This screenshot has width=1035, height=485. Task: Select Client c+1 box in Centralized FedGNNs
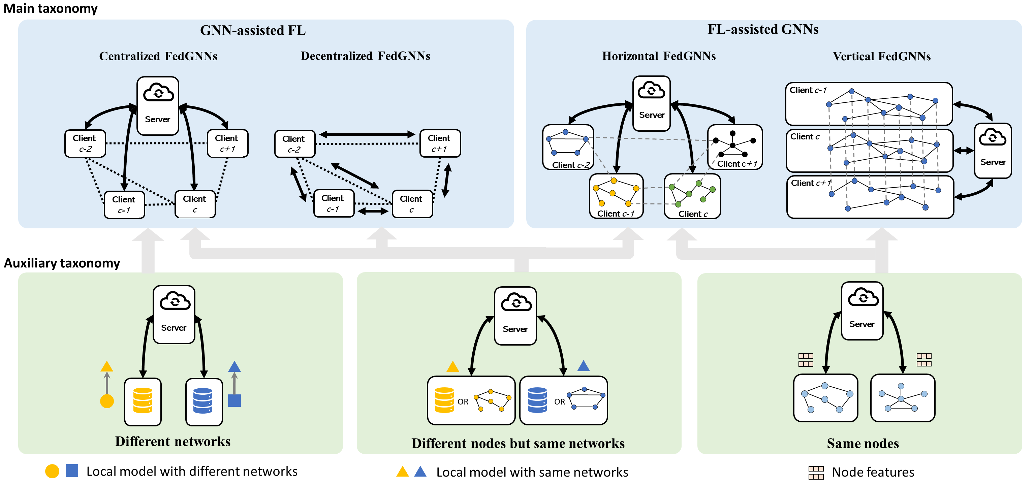point(227,143)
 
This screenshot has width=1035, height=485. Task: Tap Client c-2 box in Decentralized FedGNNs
point(294,144)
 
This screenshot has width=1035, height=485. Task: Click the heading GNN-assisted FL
point(253,31)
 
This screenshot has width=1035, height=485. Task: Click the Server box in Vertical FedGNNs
point(993,151)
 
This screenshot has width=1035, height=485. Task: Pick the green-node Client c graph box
point(692,196)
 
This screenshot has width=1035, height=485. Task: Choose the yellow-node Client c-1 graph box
point(616,196)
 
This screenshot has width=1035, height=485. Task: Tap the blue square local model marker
point(234,400)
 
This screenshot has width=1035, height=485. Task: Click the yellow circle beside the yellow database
point(107,401)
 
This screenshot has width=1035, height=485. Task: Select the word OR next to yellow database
point(463,401)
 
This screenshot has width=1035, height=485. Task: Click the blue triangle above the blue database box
point(584,366)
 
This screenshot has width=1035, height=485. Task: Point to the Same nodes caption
point(862,443)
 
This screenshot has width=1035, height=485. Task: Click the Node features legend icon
point(816,473)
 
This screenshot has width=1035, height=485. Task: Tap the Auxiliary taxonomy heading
point(62,263)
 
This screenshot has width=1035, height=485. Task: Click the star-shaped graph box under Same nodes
point(902,398)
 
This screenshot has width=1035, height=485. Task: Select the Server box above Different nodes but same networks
point(515,316)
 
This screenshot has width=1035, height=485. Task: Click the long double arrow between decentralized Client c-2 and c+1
point(367,134)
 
